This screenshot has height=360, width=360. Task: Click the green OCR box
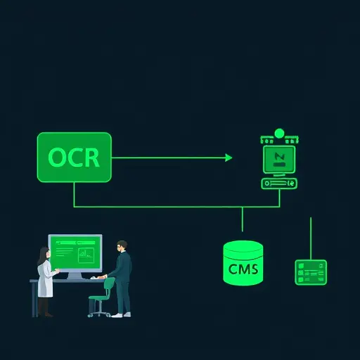[x=74, y=157]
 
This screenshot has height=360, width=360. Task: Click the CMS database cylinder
[x=243, y=263]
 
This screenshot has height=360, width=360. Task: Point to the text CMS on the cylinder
[x=243, y=269]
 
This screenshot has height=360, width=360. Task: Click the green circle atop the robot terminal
[x=278, y=133]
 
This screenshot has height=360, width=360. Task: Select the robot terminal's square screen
[x=278, y=158]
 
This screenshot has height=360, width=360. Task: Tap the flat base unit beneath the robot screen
[x=278, y=184]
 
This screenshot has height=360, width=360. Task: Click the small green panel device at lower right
[x=310, y=271]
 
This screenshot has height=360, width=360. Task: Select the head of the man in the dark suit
[x=122, y=245]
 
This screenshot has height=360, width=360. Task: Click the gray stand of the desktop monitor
[x=74, y=274]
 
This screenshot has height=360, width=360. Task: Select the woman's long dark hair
[x=41, y=254]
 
